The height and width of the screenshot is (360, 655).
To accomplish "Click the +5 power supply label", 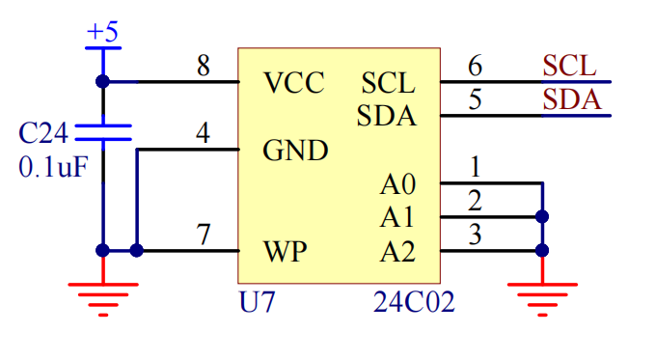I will (x=102, y=33).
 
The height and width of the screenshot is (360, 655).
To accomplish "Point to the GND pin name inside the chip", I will (x=295, y=151).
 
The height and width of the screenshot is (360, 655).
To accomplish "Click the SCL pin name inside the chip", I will (x=389, y=83).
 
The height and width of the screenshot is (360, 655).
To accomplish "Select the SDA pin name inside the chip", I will (x=387, y=117).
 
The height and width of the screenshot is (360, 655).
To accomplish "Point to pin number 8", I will (x=204, y=67).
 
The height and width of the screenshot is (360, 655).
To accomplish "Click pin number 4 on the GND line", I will (x=203, y=134).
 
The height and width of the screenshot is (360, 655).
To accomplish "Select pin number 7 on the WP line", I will (x=204, y=235).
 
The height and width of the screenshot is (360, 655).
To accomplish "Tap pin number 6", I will (x=475, y=67).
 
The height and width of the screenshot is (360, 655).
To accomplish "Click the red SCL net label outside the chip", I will (x=569, y=67).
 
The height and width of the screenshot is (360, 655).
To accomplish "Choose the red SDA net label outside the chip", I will (x=571, y=100).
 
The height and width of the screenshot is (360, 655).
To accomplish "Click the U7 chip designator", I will (x=257, y=302).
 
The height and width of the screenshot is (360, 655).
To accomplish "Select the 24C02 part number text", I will (x=414, y=302).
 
